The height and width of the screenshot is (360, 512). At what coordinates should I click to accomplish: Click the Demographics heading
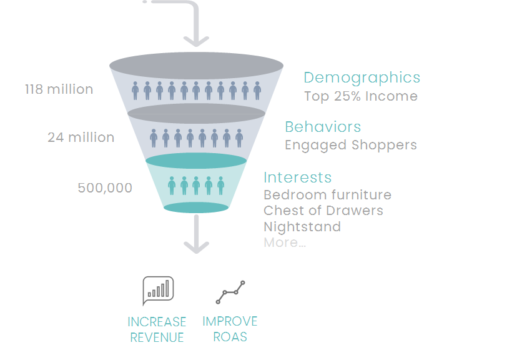[x=362, y=77]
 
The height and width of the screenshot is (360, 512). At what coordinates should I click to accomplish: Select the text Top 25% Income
[x=361, y=96]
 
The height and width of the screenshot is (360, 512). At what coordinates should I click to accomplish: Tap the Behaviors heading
[x=323, y=127]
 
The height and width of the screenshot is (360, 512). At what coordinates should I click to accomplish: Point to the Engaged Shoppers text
[x=350, y=145]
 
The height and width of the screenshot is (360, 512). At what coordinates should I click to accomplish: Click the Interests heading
[x=297, y=177]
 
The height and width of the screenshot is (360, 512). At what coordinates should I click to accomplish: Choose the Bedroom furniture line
[x=327, y=195]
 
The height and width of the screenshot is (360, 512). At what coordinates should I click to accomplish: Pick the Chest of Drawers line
[x=323, y=211]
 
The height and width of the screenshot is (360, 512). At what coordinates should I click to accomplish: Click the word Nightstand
[x=302, y=226]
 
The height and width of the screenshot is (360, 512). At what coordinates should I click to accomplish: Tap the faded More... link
[x=284, y=242]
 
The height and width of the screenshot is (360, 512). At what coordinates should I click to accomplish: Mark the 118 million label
[x=59, y=89]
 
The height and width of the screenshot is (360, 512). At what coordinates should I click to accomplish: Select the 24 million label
[x=81, y=137]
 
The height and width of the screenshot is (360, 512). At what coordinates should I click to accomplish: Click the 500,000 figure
[x=105, y=187]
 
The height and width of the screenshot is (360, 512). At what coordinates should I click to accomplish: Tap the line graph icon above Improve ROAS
[x=230, y=292]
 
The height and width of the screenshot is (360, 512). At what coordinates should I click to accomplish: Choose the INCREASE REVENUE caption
[x=157, y=329]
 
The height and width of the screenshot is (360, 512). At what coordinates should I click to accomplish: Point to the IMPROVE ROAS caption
[x=230, y=329]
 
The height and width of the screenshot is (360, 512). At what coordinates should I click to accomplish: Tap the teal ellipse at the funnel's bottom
[x=196, y=207]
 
